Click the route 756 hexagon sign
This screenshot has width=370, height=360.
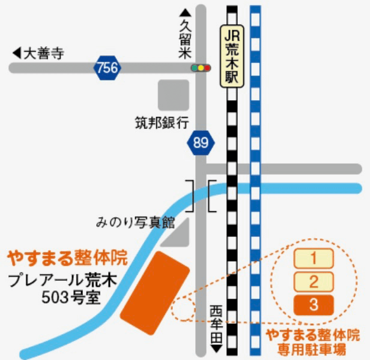click(107, 68)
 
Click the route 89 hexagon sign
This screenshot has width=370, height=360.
click(200, 143)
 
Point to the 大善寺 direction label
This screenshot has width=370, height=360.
click(38, 53)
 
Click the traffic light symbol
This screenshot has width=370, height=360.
click(201, 68)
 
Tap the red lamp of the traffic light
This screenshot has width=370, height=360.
click(208, 68)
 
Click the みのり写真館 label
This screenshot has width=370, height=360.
click(135, 223)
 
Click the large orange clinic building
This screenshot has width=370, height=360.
click(154, 293)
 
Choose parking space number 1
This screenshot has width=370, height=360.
click(313, 259)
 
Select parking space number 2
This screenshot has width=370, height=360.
click(313, 281)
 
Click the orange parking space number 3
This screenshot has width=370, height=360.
click(313, 304)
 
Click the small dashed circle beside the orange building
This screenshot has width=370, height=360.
click(183, 309)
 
